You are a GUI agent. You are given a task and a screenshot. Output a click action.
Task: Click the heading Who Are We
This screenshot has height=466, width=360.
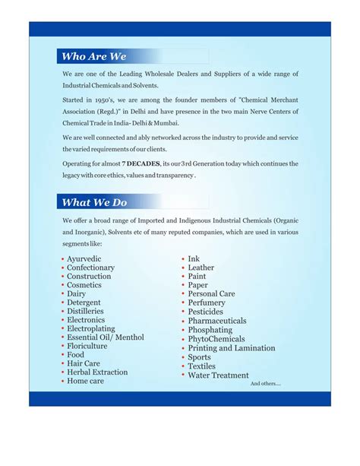tap(93, 56)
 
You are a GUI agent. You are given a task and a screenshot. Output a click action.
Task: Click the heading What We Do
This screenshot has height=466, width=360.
tap(94, 202)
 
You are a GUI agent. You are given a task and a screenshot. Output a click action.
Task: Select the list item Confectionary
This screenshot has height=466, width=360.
tap(90, 268)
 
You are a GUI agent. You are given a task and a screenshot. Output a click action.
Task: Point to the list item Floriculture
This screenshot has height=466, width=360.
tap(87, 346)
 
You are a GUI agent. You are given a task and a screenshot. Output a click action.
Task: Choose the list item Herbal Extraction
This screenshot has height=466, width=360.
tap(97, 372)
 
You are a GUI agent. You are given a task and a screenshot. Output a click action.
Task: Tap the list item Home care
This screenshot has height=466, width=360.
tap(85, 381)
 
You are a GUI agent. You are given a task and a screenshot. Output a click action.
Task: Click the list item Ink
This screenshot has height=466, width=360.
tap(194, 259)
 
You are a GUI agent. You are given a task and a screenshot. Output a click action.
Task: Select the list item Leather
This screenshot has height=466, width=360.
tap(201, 268)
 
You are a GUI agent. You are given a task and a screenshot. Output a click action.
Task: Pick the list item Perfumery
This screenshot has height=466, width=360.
tap(207, 303)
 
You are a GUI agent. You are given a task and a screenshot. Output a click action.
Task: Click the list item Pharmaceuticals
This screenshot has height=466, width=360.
tap(217, 321)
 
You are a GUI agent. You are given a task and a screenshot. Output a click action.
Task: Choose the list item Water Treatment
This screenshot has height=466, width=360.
tap(218, 375)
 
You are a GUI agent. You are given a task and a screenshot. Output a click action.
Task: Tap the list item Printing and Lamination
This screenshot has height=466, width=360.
tap(232, 348)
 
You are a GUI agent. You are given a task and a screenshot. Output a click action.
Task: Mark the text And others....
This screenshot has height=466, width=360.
tap(265, 384)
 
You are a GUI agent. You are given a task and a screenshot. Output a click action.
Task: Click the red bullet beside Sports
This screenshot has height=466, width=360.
tap(183, 357)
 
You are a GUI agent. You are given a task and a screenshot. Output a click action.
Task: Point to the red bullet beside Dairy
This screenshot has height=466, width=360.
tap(62, 294)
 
